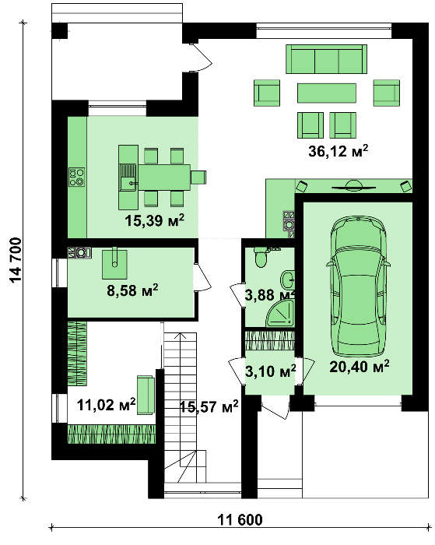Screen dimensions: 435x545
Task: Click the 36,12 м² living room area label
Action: click(x=338, y=151)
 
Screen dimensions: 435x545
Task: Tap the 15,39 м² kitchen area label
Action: click(x=154, y=220)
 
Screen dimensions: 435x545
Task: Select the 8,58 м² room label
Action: click(x=132, y=290)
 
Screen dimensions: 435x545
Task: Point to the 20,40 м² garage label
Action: click(x=359, y=367)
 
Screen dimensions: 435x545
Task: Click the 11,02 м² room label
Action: click(x=106, y=405)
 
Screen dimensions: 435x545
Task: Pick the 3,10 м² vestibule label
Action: click(x=271, y=371)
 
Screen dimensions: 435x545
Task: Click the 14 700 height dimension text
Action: click(x=16, y=260)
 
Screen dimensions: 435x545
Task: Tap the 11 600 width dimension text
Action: click(x=240, y=520)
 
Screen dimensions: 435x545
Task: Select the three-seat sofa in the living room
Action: click(x=326, y=58)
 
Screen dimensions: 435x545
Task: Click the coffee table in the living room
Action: click(x=327, y=93)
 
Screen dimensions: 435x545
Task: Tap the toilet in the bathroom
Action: click(x=260, y=257)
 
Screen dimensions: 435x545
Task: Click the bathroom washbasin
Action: click(x=288, y=279)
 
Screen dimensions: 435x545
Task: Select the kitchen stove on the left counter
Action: click(x=77, y=177)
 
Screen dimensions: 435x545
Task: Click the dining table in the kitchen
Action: click(x=164, y=177)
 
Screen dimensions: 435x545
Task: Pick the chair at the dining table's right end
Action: click(x=198, y=177)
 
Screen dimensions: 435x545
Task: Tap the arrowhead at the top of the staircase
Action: click(x=180, y=335)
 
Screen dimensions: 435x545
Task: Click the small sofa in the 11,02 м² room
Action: click(x=146, y=395)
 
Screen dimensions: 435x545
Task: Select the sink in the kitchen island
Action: click(x=128, y=178)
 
